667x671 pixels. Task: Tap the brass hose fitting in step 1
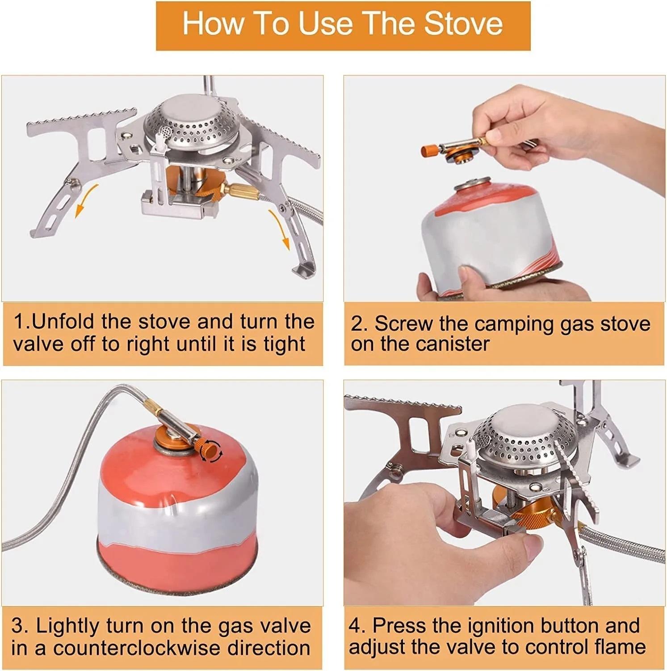240,192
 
